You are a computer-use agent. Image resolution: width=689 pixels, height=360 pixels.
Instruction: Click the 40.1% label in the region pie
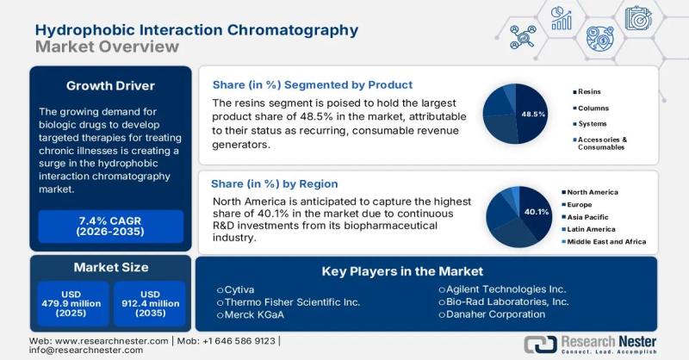(537, 211)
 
